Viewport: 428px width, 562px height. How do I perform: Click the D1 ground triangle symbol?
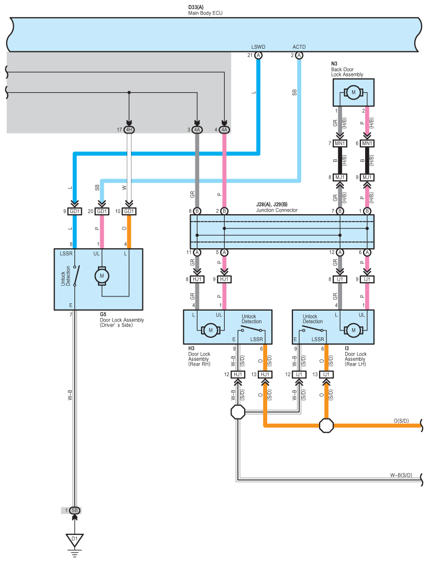pyautogui.click(x=74, y=539)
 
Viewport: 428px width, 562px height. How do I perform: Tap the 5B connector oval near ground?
pyautogui.click(x=74, y=510)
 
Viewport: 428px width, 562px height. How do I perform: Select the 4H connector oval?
pyautogui.click(x=129, y=130)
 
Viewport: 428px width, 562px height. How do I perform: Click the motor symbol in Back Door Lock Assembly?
pyautogui.click(x=354, y=93)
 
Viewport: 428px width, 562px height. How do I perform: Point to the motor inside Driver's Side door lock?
pyautogui.click(x=102, y=276)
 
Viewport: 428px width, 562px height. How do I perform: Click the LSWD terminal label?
pyautogui.click(x=258, y=47)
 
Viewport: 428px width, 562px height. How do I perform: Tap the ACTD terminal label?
pyautogui.click(x=299, y=47)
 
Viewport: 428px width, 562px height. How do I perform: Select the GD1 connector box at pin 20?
pyautogui.click(x=102, y=212)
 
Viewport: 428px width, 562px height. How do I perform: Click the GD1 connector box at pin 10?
pyautogui.click(x=129, y=212)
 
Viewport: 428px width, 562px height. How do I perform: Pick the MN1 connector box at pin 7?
pyautogui.click(x=340, y=144)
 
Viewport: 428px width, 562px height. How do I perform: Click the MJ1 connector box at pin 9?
pyautogui.click(x=367, y=178)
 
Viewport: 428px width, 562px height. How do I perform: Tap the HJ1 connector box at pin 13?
pyautogui.click(x=265, y=374)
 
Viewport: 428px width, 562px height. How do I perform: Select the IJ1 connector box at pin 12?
pyautogui.click(x=299, y=374)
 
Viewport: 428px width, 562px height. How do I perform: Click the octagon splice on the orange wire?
pyautogui.click(x=326, y=425)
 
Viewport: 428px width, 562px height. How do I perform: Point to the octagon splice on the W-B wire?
pyautogui.click(x=238, y=412)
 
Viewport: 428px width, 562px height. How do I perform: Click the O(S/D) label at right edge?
pyautogui.click(x=401, y=421)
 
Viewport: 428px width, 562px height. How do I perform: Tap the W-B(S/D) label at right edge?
pyautogui.click(x=401, y=475)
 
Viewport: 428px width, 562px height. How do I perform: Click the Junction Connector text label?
pyautogui.click(x=277, y=211)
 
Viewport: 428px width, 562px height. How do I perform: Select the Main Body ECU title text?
pyautogui.click(x=205, y=13)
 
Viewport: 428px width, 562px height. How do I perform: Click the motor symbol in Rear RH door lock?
pyautogui.click(x=211, y=330)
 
